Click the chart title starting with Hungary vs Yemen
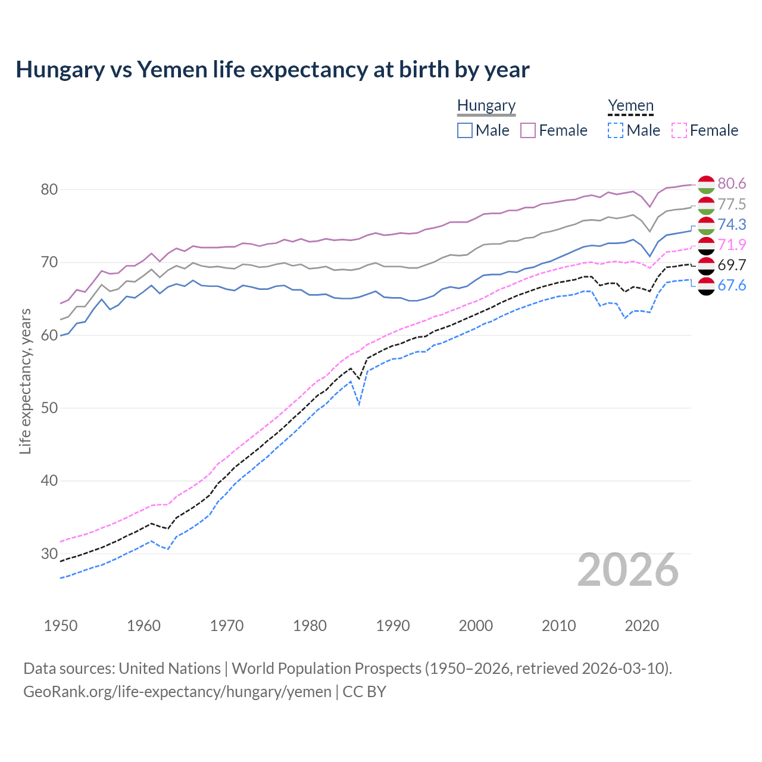[x=273, y=70]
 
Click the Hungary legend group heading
[x=486, y=106]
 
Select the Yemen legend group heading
[x=630, y=106]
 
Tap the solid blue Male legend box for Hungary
[x=465, y=130]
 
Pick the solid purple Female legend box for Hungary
[x=528, y=130]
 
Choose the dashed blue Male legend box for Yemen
[x=616, y=130]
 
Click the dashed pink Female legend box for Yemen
[x=679, y=130]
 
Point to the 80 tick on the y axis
[x=49, y=190]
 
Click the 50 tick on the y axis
[x=49, y=408]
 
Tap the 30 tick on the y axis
[x=49, y=554]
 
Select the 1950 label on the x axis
[x=61, y=626]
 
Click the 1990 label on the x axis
[x=393, y=626]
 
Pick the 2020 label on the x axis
[x=642, y=626]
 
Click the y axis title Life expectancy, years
[x=25, y=381]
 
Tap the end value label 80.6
[x=732, y=184]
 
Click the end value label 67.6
[x=732, y=286]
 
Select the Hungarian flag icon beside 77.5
[x=706, y=205]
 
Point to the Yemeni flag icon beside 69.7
[x=706, y=266]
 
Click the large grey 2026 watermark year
[x=628, y=570]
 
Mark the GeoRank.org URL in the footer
[x=177, y=692]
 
